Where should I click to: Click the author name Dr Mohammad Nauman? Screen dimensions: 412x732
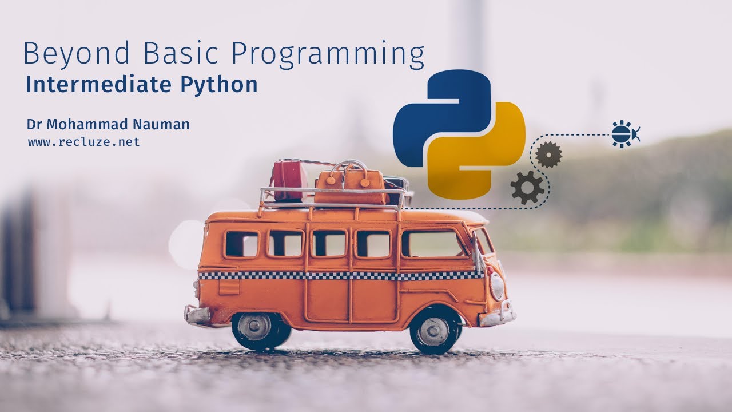(108, 124)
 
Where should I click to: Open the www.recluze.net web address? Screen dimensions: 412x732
(84, 142)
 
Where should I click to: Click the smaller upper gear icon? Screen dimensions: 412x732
(548, 154)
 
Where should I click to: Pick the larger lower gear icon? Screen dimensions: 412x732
(527, 187)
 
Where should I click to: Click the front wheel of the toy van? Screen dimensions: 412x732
(434, 331)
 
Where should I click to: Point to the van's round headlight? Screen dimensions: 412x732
(497, 286)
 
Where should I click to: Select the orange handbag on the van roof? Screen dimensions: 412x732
(350, 183)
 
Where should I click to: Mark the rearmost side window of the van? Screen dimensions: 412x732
(241, 244)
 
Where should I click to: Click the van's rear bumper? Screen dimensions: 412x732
(196, 314)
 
